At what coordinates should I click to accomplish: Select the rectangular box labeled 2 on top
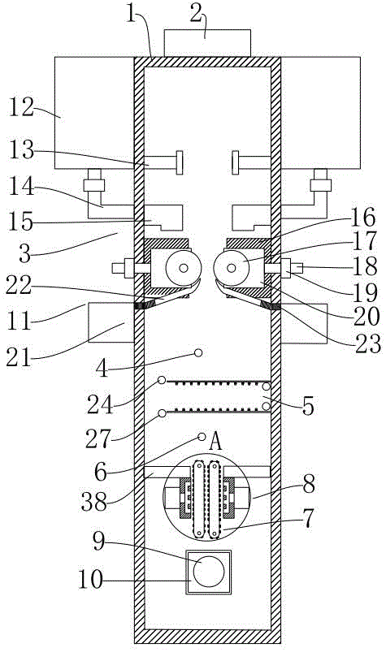[x=207, y=43]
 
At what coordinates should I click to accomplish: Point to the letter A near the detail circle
[x=215, y=441]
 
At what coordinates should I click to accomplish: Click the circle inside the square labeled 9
[x=209, y=571]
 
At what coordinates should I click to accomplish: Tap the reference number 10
[x=91, y=579]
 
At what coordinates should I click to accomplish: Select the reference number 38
[x=94, y=502]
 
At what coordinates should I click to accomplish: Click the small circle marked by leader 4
[x=198, y=353]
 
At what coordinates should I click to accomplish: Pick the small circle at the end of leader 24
[x=162, y=380]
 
